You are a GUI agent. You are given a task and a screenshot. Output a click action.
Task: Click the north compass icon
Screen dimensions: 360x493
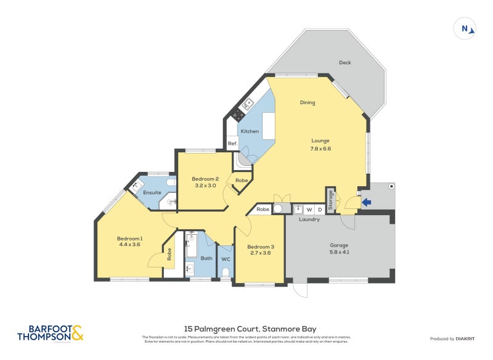click(x=465, y=28)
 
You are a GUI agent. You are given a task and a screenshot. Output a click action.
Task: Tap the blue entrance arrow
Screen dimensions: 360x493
click(x=367, y=202)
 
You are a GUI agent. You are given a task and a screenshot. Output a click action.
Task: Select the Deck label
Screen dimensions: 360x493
click(x=344, y=62)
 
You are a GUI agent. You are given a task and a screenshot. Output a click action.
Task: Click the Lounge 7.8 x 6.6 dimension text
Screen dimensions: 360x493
click(x=320, y=149)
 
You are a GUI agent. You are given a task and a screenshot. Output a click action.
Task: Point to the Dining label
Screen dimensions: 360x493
click(x=308, y=102)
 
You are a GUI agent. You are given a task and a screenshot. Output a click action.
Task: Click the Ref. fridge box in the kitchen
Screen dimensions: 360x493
click(x=232, y=144)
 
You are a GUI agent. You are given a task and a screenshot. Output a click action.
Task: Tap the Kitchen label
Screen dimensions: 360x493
click(x=250, y=131)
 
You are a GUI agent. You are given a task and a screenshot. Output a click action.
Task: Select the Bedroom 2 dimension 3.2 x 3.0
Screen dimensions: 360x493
click(x=205, y=185)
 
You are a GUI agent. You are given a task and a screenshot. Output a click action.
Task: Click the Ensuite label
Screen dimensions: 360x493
click(x=152, y=192)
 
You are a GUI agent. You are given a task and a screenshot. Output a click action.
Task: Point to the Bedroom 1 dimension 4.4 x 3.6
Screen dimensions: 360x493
click(x=129, y=245)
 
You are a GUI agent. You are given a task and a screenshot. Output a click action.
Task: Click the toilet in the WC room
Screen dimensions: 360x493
click(x=226, y=272)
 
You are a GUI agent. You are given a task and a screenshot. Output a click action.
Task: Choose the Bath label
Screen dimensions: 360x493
click(x=206, y=258)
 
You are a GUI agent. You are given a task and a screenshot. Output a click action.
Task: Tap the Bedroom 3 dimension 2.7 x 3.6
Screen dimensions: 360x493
click(x=260, y=253)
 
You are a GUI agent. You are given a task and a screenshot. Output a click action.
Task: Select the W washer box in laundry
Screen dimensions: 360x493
click(x=309, y=209)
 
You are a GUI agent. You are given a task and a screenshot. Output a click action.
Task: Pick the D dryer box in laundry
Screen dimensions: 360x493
click(x=319, y=209)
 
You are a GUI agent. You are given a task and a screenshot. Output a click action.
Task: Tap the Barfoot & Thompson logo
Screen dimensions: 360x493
click(x=50, y=333)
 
